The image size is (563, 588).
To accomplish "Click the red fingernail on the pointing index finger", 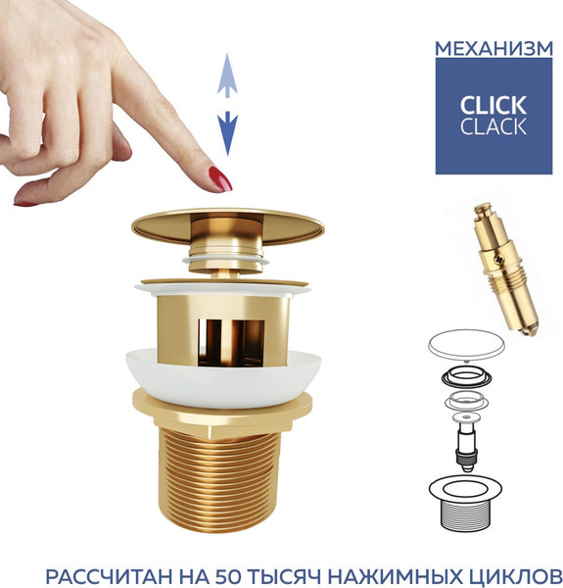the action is (x=220, y=179).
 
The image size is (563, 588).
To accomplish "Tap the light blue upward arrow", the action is (x=227, y=75).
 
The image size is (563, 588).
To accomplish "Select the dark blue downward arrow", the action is (x=227, y=133).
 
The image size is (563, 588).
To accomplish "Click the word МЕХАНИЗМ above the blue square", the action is (x=493, y=49).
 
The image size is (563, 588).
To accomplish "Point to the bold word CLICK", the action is (x=493, y=105).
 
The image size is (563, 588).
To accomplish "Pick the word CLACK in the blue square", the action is (x=493, y=126).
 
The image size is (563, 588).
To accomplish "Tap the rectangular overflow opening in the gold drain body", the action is (x=231, y=342).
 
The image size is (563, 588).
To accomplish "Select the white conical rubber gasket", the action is (x=223, y=377).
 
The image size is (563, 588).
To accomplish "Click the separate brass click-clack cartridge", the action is (x=505, y=269).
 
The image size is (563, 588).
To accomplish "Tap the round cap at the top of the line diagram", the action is (x=466, y=343).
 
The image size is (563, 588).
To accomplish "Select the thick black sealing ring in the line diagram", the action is (x=466, y=377).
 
